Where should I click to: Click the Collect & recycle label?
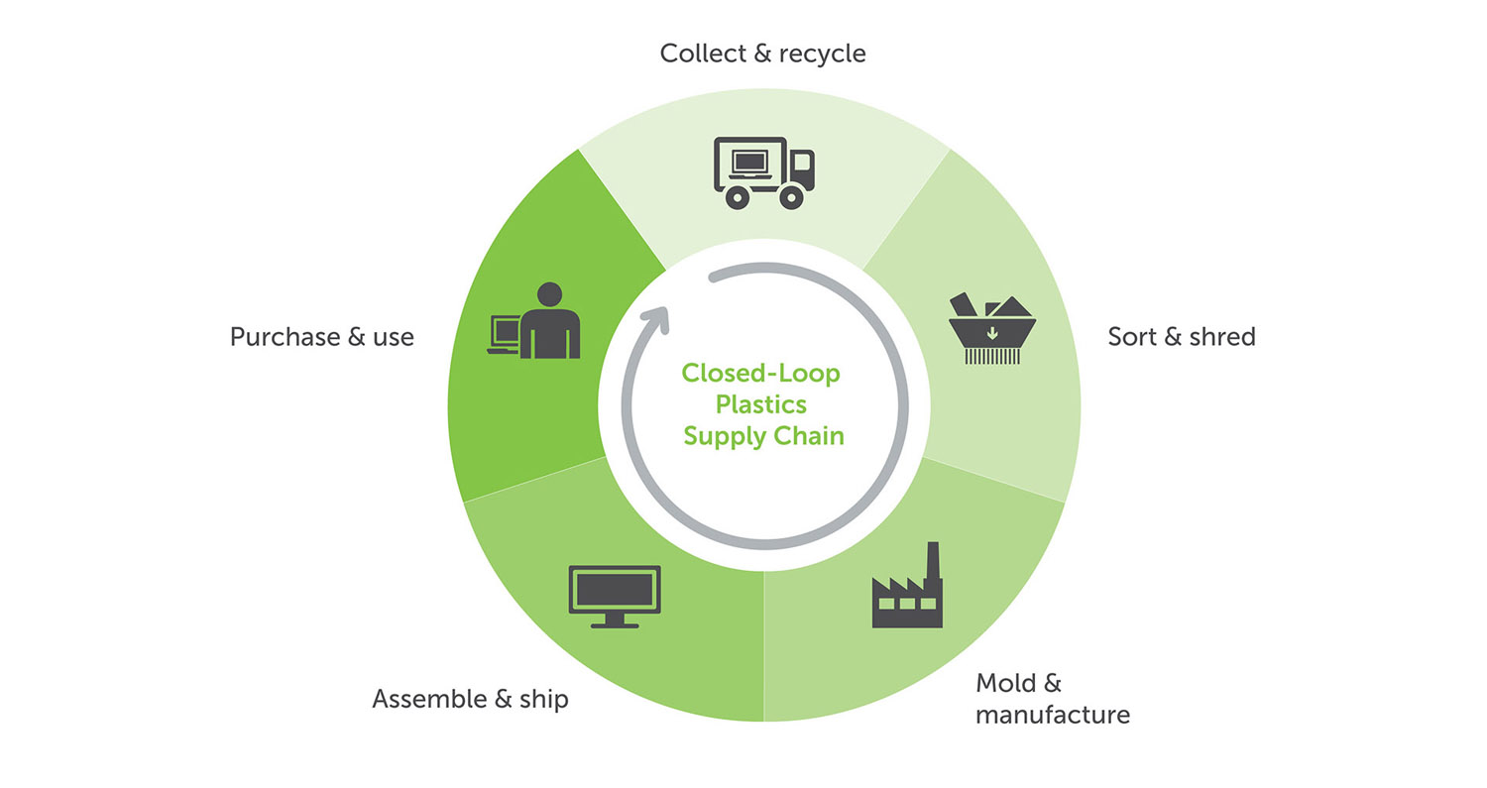[762, 53]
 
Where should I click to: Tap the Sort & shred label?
[1181, 337]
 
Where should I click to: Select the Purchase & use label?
[321, 337]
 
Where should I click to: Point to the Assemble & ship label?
[470, 699]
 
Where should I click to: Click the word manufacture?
[1052, 715]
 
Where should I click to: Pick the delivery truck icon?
[763, 172]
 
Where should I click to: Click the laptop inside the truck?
[749, 161]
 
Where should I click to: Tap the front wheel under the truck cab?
[790, 197]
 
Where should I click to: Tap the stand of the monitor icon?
[615, 620]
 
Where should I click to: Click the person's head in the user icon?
[548, 294]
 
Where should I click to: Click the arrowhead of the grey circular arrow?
[655, 317]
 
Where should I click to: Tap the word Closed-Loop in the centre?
[760, 375]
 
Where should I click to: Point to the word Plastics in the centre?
[761, 404]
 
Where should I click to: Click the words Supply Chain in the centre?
[763, 435]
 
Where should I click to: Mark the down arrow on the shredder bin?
[992, 333]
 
